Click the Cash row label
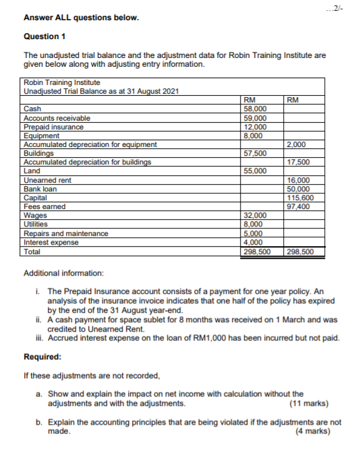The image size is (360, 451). point(32,109)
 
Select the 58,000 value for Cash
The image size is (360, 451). point(254,109)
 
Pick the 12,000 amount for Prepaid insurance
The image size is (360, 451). point(254,127)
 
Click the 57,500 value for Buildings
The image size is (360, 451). point(254,153)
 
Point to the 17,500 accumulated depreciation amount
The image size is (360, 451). point(298,162)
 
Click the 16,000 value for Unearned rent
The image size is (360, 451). point(298,180)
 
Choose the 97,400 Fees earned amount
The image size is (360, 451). point(298,207)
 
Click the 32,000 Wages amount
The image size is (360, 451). point(254,216)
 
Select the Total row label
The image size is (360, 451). point(32,251)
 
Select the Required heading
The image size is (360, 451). point(42,356)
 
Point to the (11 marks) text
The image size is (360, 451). point(308,404)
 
